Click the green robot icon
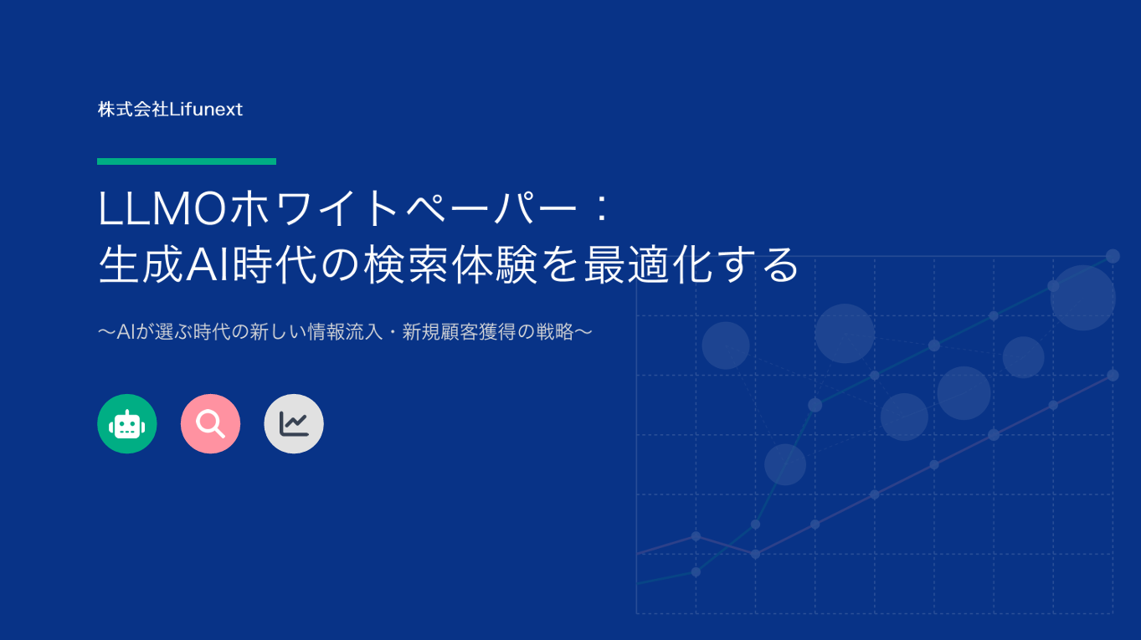click(127, 424)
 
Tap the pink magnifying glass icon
click(210, 424)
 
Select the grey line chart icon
click(294, 424)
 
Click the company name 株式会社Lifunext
click(170, 110)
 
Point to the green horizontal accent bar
click(187, 161)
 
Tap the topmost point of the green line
click(1113, 256)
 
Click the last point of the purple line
click(1113, 375)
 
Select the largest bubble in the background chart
click(1083, 298)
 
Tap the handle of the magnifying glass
click(219, 433)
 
